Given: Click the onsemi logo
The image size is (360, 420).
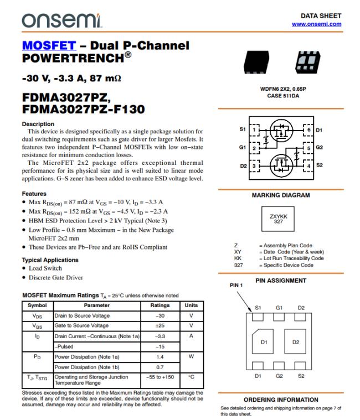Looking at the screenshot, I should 61,20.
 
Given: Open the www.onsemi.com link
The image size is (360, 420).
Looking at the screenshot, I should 316,24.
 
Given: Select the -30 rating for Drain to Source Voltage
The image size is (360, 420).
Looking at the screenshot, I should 160,316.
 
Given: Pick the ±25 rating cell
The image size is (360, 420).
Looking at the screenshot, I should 160,326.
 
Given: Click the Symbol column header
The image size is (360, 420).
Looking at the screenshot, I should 37,305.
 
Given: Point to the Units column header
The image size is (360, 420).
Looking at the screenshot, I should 191,305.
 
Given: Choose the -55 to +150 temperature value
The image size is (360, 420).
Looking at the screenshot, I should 160,377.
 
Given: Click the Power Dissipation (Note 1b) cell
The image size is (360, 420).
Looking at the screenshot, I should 97,367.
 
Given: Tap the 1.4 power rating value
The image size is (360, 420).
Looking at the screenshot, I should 160,357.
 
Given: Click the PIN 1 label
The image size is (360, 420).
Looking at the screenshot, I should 236,286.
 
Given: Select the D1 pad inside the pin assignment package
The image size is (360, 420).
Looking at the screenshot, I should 264,342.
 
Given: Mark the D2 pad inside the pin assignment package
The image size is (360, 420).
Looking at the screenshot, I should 296,342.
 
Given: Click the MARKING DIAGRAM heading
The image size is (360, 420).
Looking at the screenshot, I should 281,195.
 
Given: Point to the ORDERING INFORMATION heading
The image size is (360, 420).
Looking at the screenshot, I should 281,400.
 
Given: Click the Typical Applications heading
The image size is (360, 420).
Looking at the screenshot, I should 50,260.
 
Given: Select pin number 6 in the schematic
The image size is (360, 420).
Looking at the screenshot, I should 308,130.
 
